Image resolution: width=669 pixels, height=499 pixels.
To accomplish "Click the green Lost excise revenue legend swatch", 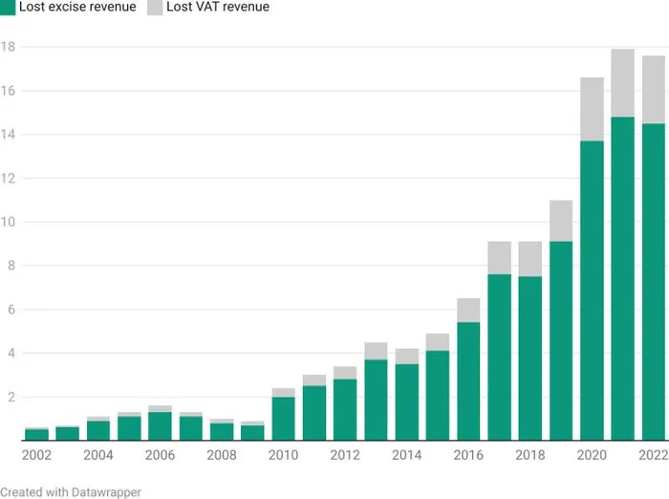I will [x=8, y=7].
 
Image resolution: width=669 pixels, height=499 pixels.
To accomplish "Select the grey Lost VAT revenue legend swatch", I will [x=155, y=7].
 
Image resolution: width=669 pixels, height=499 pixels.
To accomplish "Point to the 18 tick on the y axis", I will [x=8, y=47].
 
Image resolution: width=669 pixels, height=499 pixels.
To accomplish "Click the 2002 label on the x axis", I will [x=36, y=455].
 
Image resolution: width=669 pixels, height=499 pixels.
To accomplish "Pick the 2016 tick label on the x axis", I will [x=468, y=455].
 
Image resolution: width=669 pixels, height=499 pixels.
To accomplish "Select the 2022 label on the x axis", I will [x=653, y=455].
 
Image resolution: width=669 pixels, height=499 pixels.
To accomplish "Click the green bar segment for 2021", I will [x=622, y=278].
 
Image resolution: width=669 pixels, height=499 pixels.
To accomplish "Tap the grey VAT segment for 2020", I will [x=592, y=110].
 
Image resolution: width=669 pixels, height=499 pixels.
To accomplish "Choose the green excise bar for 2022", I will [x=653, y=282].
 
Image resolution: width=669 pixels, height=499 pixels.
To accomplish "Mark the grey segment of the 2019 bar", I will [x=561, y=221].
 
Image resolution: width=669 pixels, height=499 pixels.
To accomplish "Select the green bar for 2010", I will [x=284, y=418].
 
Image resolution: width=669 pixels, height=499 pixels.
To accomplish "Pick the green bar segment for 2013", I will [x=376, y=400].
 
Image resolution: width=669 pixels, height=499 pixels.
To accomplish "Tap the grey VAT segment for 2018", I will [x=529, y=259].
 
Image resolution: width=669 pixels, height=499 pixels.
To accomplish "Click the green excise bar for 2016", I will [x=468, y=380].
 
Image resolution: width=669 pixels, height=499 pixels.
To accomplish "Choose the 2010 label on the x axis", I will [x=284, y=455].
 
